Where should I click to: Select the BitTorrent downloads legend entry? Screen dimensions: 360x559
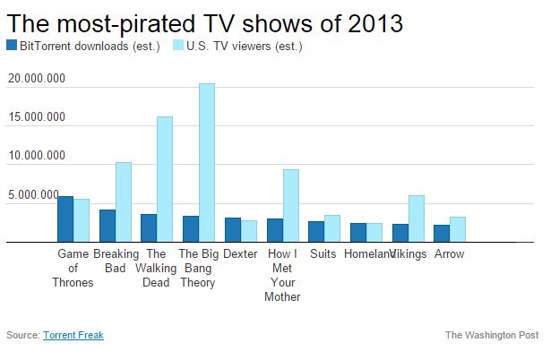coord(72,46)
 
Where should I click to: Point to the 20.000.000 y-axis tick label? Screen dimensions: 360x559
coord(36,79)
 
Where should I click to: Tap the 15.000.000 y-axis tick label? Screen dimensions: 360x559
coord(36,117)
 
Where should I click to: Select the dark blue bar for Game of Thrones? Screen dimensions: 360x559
coord(65,219)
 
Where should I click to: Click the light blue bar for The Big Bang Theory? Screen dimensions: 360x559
coord(206,162)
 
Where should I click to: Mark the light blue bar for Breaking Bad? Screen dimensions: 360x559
coord(123,201)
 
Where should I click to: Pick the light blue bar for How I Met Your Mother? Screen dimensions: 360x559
coord(289,205)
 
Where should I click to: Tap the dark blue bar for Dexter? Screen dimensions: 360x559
coord(232,229)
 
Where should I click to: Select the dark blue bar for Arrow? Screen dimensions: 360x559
coord(442,233)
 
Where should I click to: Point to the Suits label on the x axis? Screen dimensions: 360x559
coord(322,254)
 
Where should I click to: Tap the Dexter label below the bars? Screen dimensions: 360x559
coord(240,254)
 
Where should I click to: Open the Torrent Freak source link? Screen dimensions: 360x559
coord(73,335)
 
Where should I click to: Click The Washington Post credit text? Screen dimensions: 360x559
coord(492,335)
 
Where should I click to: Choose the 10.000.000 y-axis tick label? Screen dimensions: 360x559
coord(36,156)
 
